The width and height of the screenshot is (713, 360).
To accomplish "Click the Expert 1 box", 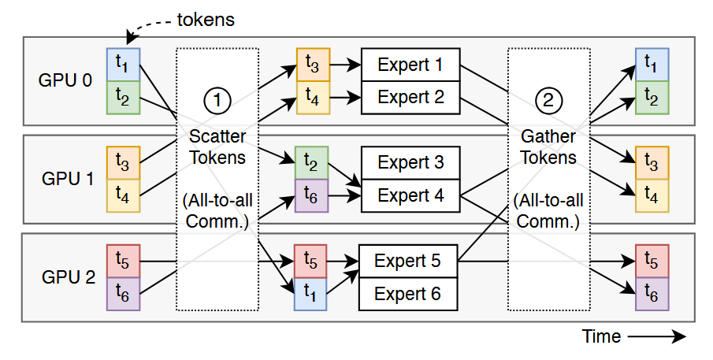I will [410, 65].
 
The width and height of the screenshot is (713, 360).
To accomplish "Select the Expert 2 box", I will [410, 97].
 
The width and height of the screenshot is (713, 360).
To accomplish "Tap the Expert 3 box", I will [410, 163].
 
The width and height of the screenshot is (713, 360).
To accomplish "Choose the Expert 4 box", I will [410, 195].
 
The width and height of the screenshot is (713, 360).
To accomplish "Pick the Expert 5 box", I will [408, 261].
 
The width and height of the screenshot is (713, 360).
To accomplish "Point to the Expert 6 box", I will [408, 294].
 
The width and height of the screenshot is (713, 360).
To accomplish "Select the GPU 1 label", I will [66, 179].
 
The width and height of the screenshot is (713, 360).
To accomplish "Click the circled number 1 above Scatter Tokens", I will [217, 99].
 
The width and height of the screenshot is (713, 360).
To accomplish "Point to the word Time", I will [601, 337].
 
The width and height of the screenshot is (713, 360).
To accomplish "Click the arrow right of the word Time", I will [657, 337].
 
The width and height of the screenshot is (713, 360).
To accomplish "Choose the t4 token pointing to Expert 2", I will [311, 98].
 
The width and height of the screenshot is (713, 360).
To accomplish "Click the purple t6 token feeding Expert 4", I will [309, 195].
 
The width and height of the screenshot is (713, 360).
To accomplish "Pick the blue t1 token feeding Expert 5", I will [309, 294].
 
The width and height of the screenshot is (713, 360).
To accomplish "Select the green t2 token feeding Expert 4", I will [309, 162].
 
